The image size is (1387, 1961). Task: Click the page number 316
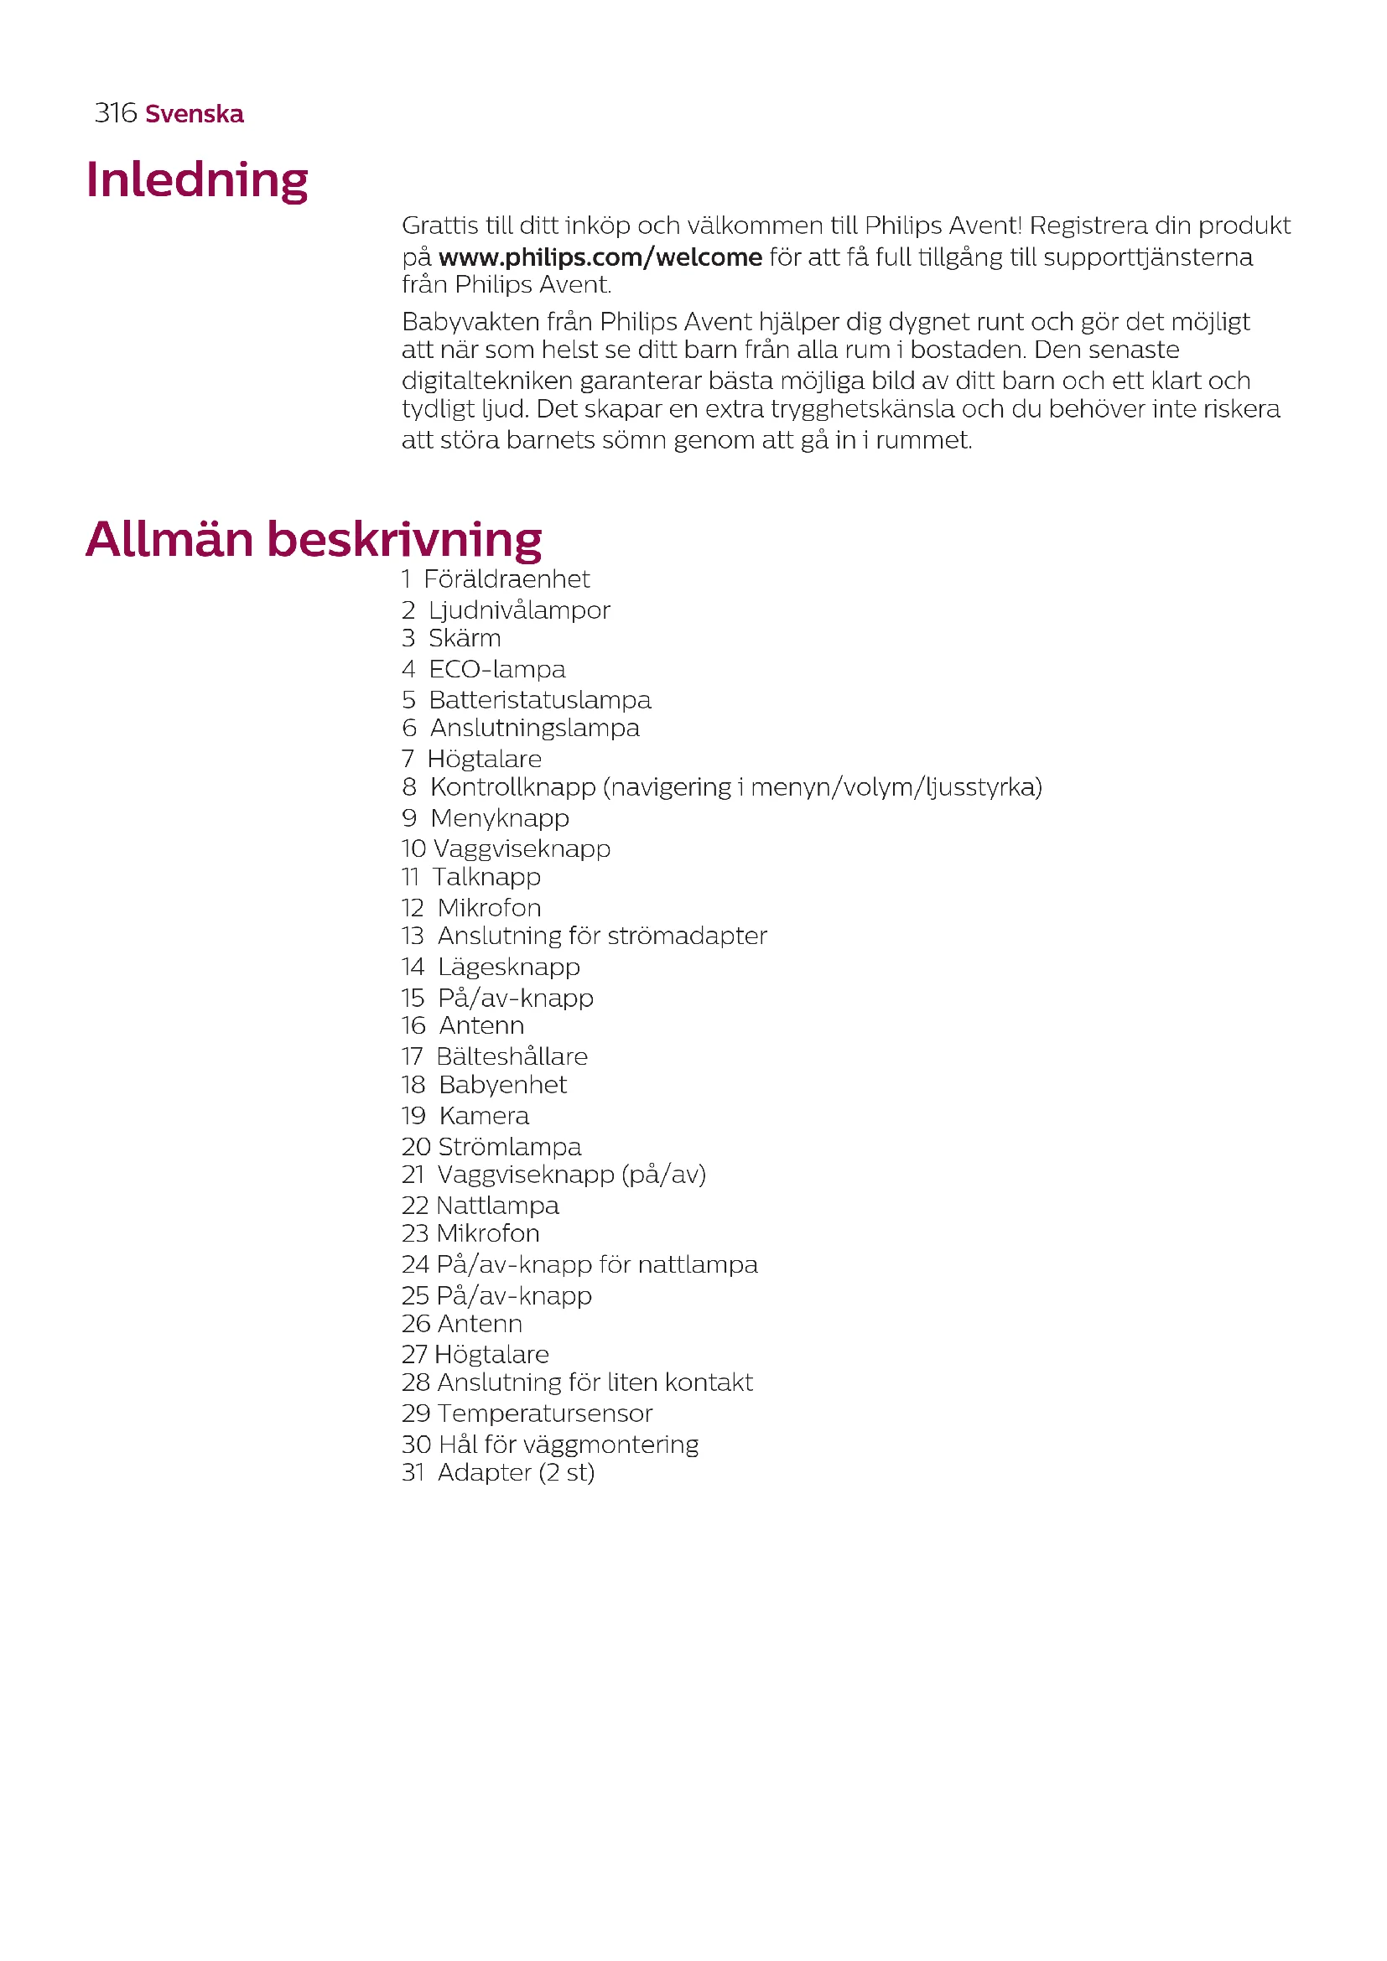(115, 112)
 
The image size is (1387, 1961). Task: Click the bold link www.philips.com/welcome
(600, 257)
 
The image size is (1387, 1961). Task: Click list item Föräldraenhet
(506, 579)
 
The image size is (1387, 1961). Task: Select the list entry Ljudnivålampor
(519, 610)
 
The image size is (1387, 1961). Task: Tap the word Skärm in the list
(465, 638)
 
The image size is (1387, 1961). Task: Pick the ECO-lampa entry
(497, 669)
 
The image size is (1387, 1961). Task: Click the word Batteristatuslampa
(540, 699)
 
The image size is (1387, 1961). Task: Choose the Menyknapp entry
(500, 817)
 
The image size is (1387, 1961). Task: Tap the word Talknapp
(487, 876)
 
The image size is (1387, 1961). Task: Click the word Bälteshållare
(512, 1056)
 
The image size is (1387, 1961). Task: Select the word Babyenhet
(502, 1085)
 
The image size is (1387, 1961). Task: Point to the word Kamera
(484, 1115)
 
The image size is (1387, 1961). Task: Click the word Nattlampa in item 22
(497, 1205)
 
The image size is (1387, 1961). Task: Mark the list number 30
(416, 1445)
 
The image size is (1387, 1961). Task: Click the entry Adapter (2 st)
(516, 1472)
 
